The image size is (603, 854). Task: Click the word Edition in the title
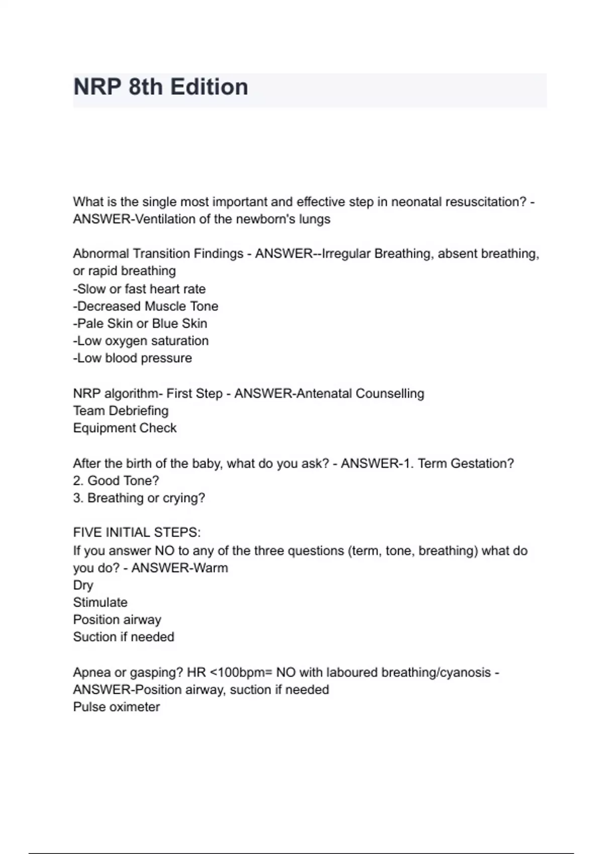point(209,87)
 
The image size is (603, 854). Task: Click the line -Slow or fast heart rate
point(139,289)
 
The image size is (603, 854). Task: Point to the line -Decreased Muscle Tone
point(146,306)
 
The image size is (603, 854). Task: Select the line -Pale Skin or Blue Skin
point(140,324)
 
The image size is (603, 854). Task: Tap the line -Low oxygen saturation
point(141,341)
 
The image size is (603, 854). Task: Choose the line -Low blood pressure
point(133,358)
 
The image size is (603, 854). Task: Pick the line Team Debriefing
point(121,411)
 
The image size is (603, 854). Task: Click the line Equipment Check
point(125,428)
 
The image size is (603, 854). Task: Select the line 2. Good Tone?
point(116,481)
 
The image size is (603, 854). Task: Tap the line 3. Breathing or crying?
point(139,498)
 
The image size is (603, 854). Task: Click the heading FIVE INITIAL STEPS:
point(137,532)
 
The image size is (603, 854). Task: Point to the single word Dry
point(83,585)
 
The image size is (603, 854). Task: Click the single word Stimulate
point(100,602)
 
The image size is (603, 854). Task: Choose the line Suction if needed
point(124,637)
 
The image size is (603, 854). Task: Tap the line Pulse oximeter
point(117,707)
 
